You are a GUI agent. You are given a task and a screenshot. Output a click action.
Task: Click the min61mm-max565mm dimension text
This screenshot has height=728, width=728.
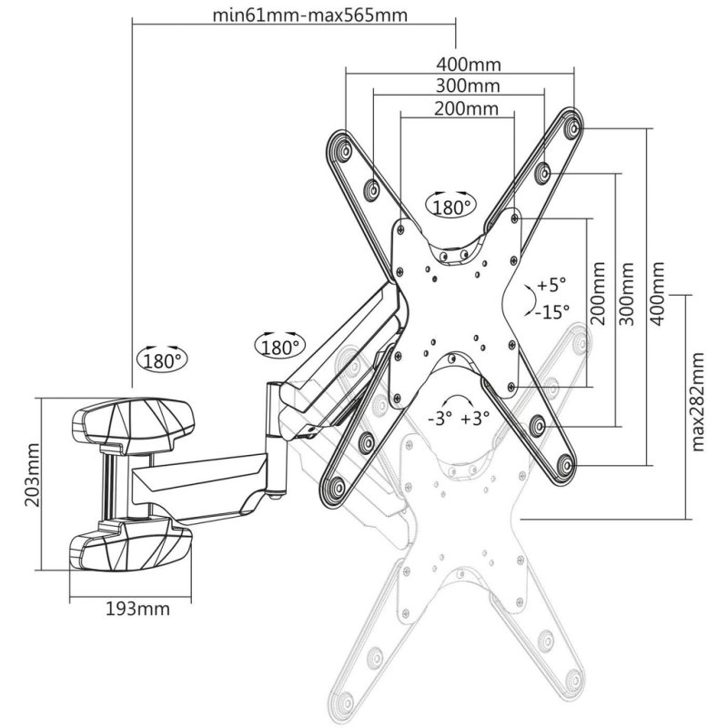click(x=294, y=15)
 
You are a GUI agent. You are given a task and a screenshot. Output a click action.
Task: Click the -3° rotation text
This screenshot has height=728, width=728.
click(x=442, y=420)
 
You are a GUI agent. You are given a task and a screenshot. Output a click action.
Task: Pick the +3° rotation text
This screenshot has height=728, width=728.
click(x=476, y=420)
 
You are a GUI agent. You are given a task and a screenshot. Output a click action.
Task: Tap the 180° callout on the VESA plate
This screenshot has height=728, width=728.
click(x=450, y=207)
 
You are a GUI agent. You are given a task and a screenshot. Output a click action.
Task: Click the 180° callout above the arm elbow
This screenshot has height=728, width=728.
click(x=278, y=347)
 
